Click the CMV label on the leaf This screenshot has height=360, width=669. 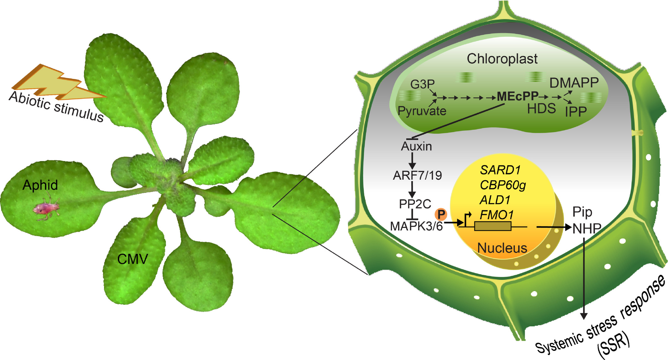coord(132,259)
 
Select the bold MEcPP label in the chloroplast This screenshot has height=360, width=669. coord(517,97)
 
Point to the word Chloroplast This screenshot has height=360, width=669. coord(502,59)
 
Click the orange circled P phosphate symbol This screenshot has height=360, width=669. coord(441,214)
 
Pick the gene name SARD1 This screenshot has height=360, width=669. coord(500,170)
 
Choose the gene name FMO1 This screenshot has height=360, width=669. coord(496,215)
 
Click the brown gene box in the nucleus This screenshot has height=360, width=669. coord(493,226)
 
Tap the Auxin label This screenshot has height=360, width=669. coord(416,147)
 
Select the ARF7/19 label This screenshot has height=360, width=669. coord(417,175)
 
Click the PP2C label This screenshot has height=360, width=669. coord(415,204)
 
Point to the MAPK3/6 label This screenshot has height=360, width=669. coord(416,226)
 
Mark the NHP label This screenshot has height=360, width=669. coord(587,229)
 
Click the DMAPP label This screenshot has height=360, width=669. coord(574,83)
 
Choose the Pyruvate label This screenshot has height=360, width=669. coord(422,111)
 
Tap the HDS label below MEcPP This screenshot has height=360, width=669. coord(541,109)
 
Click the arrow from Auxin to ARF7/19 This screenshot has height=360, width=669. coord(412,161)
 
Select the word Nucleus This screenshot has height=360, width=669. coord(502,248)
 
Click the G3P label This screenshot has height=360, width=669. coord(422,84)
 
